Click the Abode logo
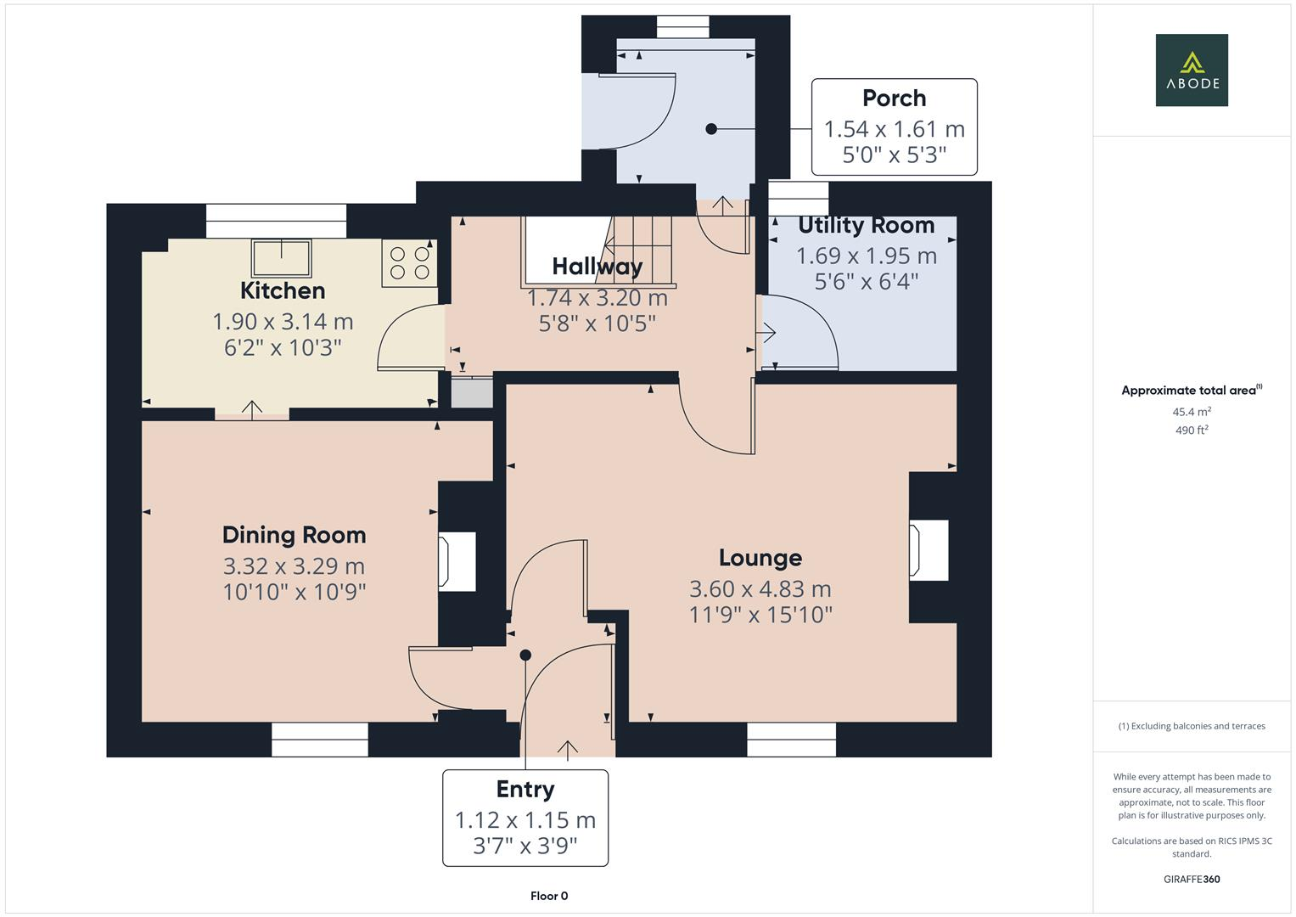coord(1191,70)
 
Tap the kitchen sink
coord(281,257)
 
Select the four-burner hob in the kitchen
coord(410,262)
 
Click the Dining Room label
coord(294,535)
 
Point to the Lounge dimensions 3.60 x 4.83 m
coord(760,588)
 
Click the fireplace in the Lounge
coord(928,550)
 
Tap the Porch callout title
coord(894,98)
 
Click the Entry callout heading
coord(525,789)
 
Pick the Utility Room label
coord(866,226)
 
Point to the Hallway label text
coord(597,267)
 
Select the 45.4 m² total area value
coord(1192,412)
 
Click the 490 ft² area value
coord(1192,430)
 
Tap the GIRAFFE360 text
coord(1192,879)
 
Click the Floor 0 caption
coord(549,896)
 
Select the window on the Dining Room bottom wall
coord(320,739)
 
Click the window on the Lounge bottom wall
coord(791,739)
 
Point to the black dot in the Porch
coord(711,129)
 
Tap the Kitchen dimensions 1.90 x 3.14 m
coord(282,322)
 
